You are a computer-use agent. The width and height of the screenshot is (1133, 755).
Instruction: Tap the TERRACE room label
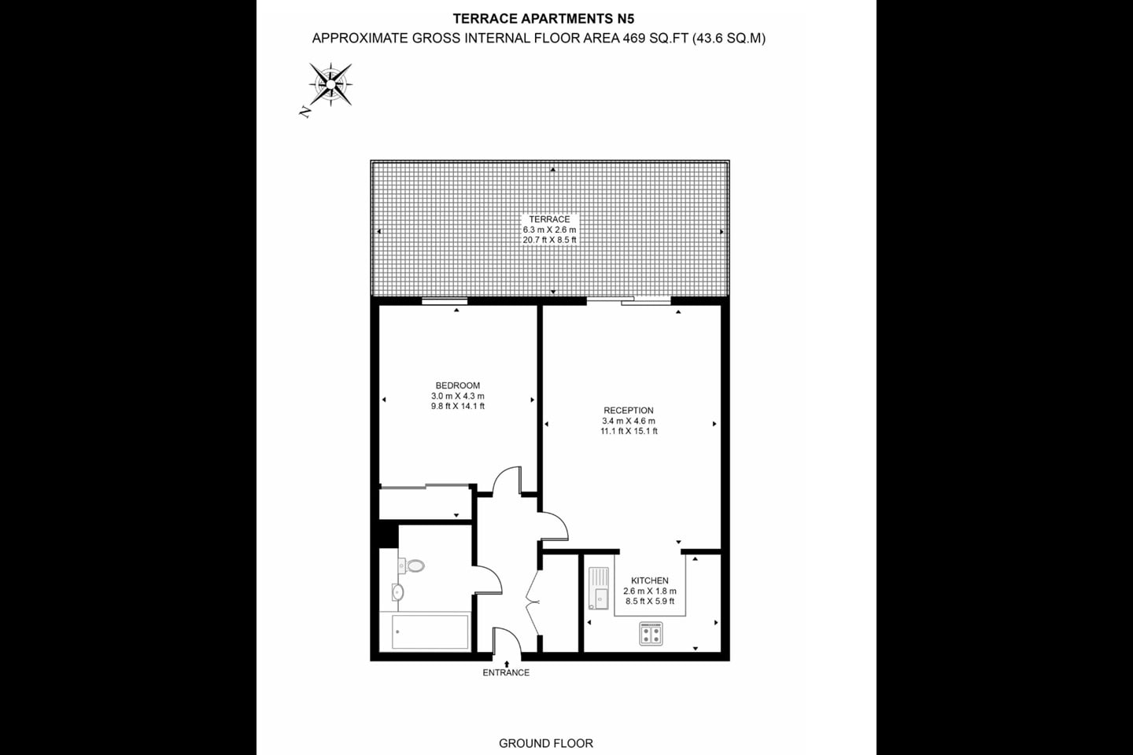[549, 219]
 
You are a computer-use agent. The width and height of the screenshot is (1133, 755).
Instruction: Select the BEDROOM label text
[458, 385]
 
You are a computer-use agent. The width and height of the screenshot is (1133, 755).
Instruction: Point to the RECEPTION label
[629, 411]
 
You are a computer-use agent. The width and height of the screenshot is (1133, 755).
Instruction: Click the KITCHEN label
[650, 581]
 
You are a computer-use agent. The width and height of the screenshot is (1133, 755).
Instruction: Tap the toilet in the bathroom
[412, 565]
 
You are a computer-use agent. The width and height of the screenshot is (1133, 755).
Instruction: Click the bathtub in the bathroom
[431, 632]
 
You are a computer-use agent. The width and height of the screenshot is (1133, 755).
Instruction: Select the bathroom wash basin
[397, 592]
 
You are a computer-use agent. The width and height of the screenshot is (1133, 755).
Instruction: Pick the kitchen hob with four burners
[651, 633]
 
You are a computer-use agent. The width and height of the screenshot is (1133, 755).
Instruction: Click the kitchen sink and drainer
[599, 588]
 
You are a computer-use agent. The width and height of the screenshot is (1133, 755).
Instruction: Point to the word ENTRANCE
[506, 672]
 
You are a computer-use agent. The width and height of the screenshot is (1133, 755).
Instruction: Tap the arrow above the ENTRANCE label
[506, 663]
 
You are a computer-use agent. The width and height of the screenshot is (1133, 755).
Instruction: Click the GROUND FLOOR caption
[546, 743]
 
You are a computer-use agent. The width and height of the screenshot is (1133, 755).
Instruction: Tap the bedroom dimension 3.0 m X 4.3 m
[458, 396]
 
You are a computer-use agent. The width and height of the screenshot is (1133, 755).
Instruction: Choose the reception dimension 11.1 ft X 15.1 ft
[629, 431]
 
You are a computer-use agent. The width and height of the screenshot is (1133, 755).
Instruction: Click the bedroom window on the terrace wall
[445, 300]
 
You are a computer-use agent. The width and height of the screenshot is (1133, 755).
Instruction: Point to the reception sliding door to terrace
[629, 300]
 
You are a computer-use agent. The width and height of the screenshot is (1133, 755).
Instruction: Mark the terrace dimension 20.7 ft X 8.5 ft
[549, 240]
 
